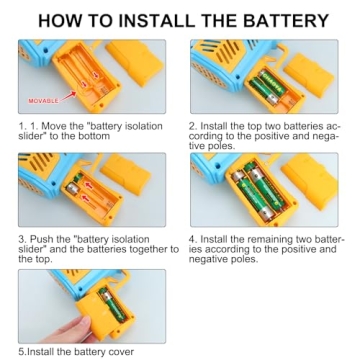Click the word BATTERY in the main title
[x=286, y=21]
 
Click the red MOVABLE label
[x=44, y=100]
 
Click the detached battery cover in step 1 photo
[x=134, y=62]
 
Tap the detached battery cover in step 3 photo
[x=126, y=173]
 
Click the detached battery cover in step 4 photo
[x=310, y=182]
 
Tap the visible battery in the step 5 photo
[x=113, y=305]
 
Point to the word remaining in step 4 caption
[x=272, y=240]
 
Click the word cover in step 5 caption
[x=122, y=352]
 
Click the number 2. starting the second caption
[x=193, y=127]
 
